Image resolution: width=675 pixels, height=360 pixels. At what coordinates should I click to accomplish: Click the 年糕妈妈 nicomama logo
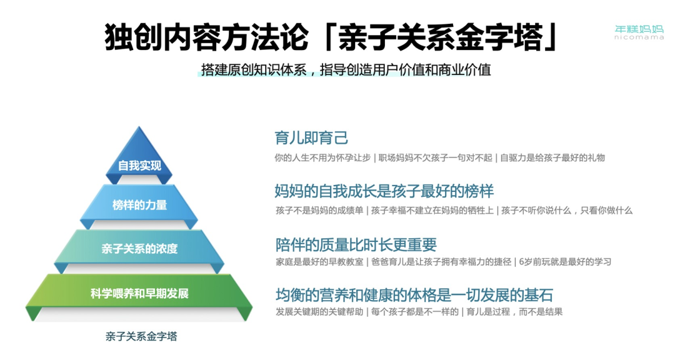639,32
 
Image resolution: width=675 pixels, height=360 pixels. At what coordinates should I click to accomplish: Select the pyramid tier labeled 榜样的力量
139,206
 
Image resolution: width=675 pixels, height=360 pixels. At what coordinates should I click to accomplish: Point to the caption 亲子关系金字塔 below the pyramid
141,336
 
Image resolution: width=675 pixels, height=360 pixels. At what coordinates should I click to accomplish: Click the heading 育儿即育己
311,137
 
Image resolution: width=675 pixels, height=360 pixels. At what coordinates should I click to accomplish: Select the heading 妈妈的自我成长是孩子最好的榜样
384,191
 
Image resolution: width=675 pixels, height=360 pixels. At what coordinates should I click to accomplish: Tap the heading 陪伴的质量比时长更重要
356,244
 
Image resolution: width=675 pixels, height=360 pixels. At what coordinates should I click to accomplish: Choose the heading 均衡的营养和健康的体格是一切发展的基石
414,295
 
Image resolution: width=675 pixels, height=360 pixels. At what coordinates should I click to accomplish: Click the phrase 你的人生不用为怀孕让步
322,157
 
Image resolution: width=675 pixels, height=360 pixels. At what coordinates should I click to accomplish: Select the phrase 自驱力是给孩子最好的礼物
552,157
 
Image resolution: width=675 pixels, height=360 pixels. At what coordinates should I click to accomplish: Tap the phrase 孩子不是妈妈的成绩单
319,211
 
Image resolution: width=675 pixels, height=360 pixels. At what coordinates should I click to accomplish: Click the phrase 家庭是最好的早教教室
319,262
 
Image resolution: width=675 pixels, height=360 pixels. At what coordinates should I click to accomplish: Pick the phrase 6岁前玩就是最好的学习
565,262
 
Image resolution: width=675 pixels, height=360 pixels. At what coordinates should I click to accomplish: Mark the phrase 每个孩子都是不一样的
415,312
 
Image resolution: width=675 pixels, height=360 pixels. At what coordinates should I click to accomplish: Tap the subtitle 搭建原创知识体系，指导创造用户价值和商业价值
346,70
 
